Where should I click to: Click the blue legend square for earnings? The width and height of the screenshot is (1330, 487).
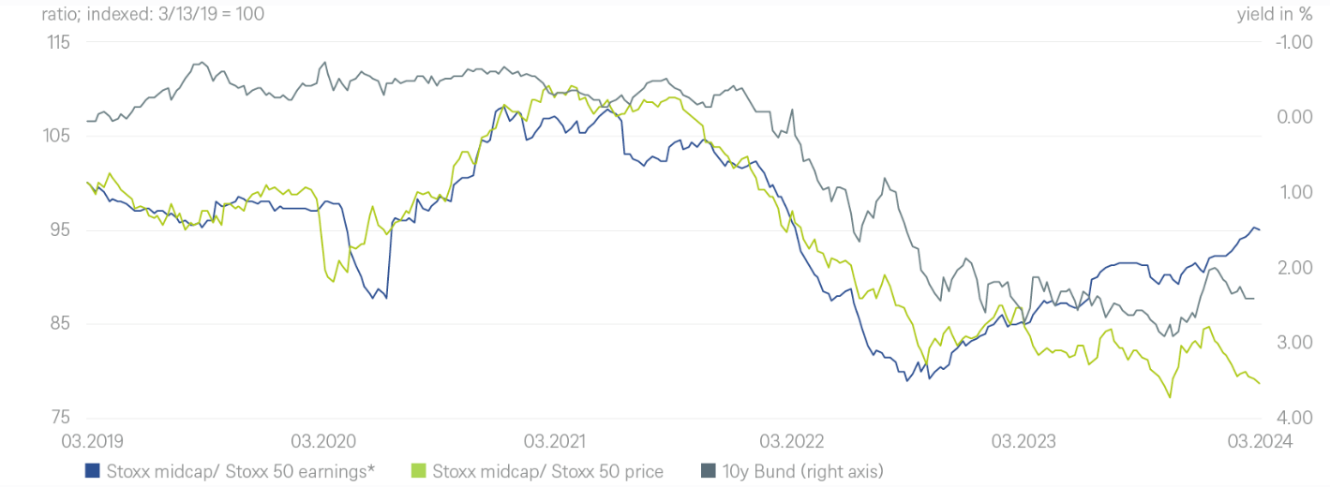[92, 470]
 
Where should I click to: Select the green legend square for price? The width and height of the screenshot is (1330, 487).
[419, 470]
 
